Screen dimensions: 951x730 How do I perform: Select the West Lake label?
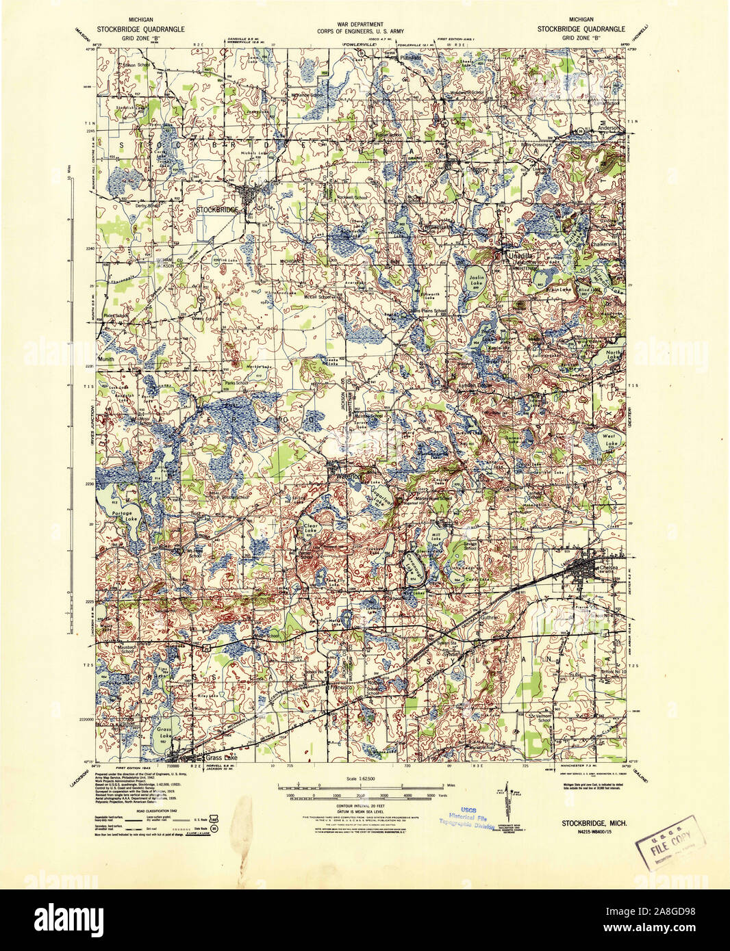tap(609, 439)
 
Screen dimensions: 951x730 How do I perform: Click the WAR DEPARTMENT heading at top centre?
tap(364, 23)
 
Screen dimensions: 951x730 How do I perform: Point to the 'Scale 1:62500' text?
tap(364, 779)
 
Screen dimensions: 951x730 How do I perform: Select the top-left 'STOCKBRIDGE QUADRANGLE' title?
tap(140, 29)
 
